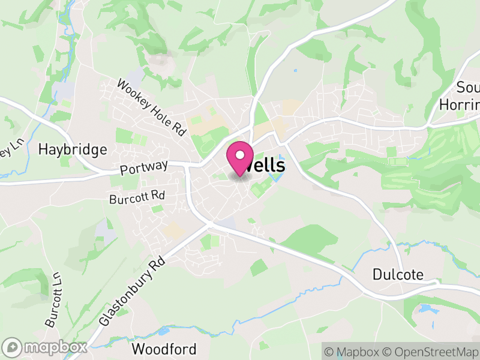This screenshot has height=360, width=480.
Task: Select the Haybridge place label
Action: click(x=72, y=149)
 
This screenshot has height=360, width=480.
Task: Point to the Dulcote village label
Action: click(x=398, y=275)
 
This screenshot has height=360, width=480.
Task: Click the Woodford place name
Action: click(x=164, y=349)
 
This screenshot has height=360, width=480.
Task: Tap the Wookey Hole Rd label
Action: click(x=152, y=107)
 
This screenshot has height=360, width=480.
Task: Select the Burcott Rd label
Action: click(x=137, y=196)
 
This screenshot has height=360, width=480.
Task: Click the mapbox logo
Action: click(x=45, y=347)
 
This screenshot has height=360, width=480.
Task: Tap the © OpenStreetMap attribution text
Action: click(x=430, y=352)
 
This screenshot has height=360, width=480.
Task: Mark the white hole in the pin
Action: click(x=240, y=155)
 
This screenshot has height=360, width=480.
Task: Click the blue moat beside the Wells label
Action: click(x=277, y=178)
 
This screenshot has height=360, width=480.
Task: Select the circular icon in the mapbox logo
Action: click(x=13, y=347)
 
